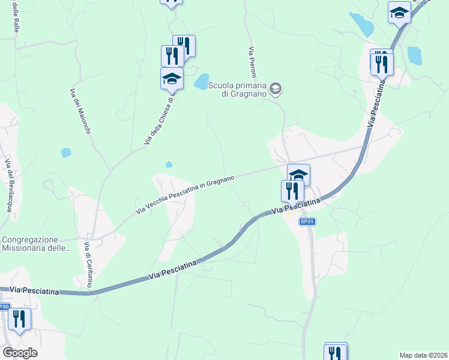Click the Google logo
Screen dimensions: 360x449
pyautogui.click(x=20, y=353)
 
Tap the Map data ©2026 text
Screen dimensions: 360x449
pyautogui.click(x=423, y=355)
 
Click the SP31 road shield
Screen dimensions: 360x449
pyautogui.click(x=307, y=221)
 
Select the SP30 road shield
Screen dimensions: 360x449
pyautogui.click(x=4, y=307)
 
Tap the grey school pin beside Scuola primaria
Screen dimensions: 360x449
pyautogui.click(x=276, y=89)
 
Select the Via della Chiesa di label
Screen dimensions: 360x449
pyautogui.click(x=159, y=120)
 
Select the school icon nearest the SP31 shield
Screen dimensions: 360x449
pyautogui.click(x=298, y=175)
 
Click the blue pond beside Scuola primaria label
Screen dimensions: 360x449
pyautogui.click(x=201, y=82)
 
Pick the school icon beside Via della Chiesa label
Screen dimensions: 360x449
pyautogui.click(x=172, y=78)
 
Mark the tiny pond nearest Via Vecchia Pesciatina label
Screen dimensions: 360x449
pyautogui.click(x=169, y=164)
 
